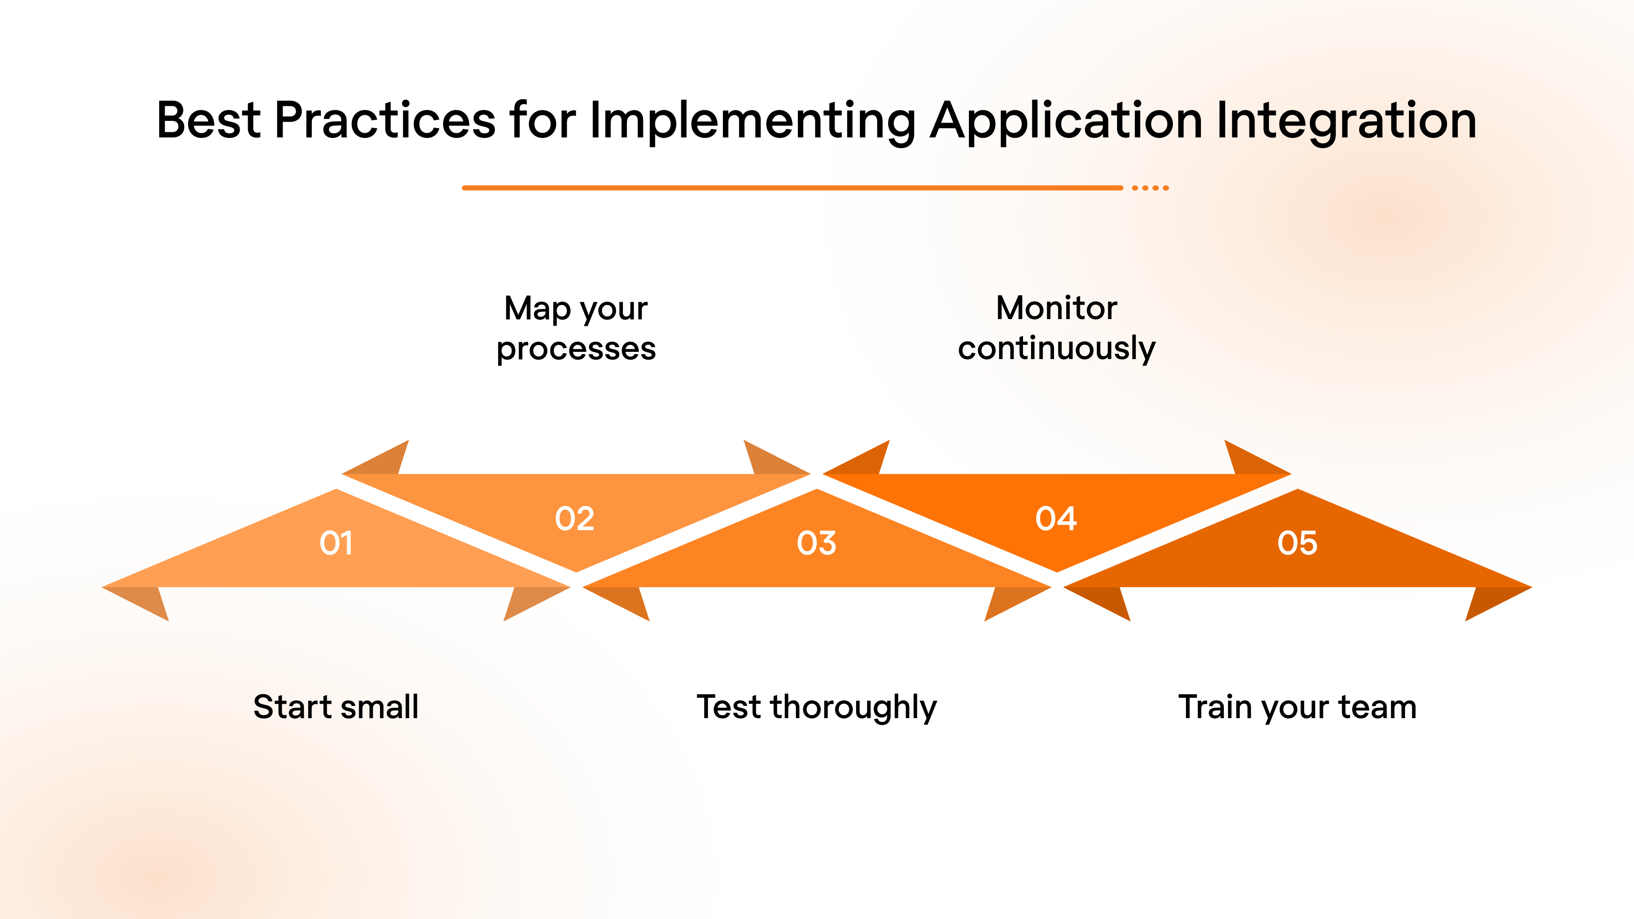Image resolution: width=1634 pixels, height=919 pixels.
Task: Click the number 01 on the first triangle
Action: tap(336, 543)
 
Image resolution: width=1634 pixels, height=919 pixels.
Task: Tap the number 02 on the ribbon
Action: tap(575, 519)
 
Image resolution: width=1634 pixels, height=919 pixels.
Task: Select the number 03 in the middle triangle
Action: tap(817, 543)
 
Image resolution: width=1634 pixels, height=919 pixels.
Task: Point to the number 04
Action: tap(1056, 519)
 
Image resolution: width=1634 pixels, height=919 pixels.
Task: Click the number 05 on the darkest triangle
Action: tap(1297, 543)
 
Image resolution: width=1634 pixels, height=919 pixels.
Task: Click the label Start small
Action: tap(336, 707)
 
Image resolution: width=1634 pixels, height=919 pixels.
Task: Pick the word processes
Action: tap(576, 349)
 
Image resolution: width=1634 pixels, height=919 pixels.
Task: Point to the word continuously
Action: tap(1056, 349)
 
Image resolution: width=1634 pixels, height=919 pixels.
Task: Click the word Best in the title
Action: tap(208, 120)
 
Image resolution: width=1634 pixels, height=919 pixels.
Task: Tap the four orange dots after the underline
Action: tap(1150, 188)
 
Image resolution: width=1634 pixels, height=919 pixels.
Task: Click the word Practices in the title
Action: tap(384, 120)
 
